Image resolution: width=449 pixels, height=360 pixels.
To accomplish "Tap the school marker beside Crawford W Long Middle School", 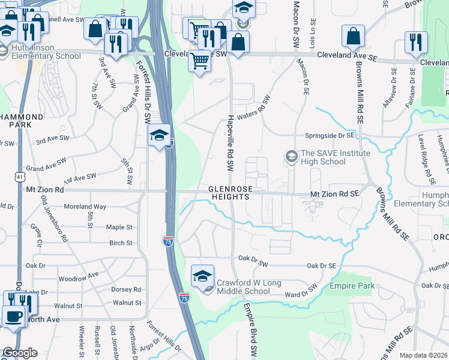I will pyautogui.click(x=203, y=277).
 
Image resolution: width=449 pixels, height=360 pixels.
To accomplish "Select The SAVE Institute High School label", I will pyautogui.click(x=328, y=157).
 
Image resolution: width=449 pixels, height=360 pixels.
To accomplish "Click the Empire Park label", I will pyautogui.click(x=352, y=286).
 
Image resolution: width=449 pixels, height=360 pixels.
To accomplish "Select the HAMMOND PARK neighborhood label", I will pyautogui.click(x=22, y=121).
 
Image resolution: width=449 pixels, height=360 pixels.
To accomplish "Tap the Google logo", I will pyautogui.click(x=19, y=353).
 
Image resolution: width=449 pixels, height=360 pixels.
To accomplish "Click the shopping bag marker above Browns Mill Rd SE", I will pyautogui.click(x=354, y=37).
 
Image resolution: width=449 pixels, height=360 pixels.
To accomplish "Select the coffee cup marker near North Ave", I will pyautogui.click(x=13, y=316).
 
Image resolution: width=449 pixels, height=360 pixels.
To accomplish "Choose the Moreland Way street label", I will pyautogui.click(x=85, y=206).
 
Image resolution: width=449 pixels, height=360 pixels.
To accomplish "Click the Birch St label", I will pyautogui.click(x=121, y=243).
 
